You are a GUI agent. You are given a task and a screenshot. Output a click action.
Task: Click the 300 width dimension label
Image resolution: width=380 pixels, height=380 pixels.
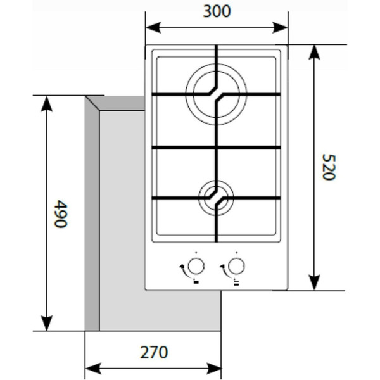(217, 11)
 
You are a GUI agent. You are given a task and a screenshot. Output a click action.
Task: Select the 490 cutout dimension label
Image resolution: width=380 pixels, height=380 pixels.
(60, 215)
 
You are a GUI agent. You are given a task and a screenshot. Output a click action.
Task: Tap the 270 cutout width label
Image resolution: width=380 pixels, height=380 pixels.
(153, 351)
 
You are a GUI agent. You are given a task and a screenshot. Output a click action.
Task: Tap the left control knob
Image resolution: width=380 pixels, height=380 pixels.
(198, 265)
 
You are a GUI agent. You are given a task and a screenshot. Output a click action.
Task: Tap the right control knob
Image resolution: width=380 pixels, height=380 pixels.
(236, 265)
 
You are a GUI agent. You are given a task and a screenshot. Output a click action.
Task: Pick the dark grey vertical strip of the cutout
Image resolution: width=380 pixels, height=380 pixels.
(92, 222)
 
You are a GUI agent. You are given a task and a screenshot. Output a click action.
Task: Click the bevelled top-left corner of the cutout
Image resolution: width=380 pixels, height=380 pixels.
(95, 103)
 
